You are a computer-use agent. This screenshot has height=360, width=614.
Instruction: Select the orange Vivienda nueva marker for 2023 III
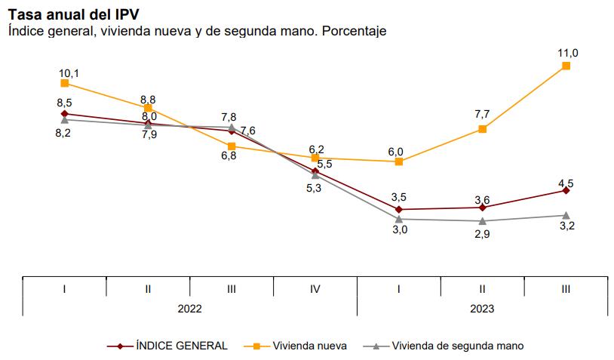click(x=566, y=66)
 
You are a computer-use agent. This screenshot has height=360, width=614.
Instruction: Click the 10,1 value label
click(x=69, y=72)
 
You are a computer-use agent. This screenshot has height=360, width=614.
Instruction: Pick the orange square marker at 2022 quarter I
click(x=65, y=83)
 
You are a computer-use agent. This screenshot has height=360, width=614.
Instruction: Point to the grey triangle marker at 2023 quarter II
click(x=482, y=220)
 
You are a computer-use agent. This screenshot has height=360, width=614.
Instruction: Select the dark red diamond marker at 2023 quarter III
click(x=566, y=190)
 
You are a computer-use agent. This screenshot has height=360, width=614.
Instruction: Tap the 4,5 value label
click(x=566, y=182)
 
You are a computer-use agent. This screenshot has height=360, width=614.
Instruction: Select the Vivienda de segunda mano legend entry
click(x=457, y=346)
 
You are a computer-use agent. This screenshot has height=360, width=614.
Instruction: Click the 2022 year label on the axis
click(x=189, y=308)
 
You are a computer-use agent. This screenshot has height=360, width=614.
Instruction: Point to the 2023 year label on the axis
click(x=482, y=308)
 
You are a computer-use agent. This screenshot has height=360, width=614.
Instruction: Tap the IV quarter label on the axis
click(x=315, y=288)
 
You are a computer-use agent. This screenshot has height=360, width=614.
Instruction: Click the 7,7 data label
click(x=482, y=115)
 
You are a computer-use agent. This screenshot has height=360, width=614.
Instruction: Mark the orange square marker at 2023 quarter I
click(x=399, y=162)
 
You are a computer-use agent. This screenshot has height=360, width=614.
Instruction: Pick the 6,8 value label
click(x=229, y=155)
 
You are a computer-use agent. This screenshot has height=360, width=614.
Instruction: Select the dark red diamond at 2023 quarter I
click(x=399, y=209)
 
